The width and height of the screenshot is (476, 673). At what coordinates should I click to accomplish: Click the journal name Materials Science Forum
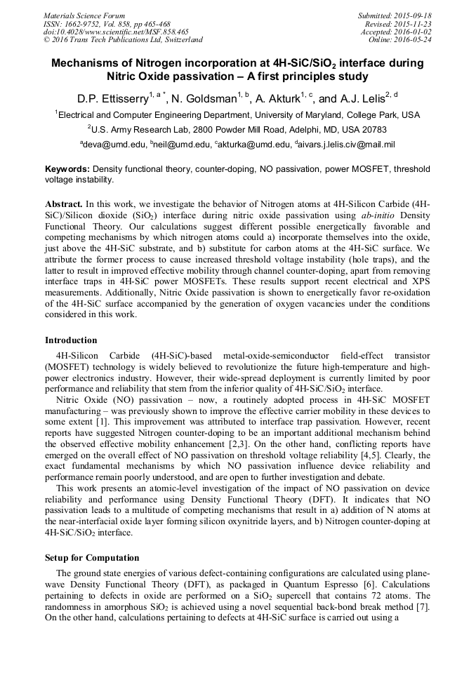click(84, 15)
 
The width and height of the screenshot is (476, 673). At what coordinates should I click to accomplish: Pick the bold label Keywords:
click(67, 169)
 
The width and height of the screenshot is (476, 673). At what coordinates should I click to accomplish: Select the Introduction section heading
click(71, 340)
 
